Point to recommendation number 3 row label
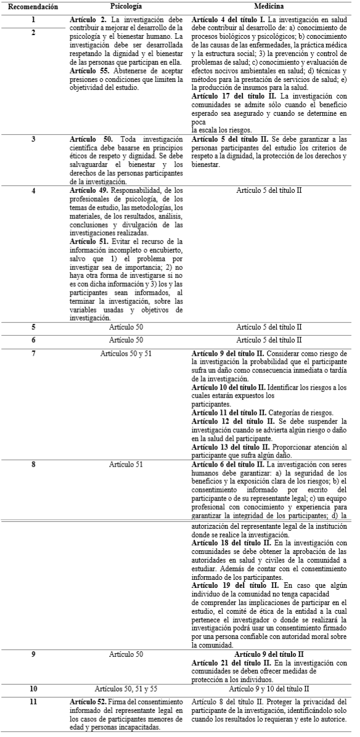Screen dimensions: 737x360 pyautogui.click(x=33, y=139)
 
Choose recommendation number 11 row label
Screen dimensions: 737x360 pyautogui.click(x=33, y=702)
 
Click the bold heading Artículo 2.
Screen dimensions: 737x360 pyautogui.click(x=90, y=20)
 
